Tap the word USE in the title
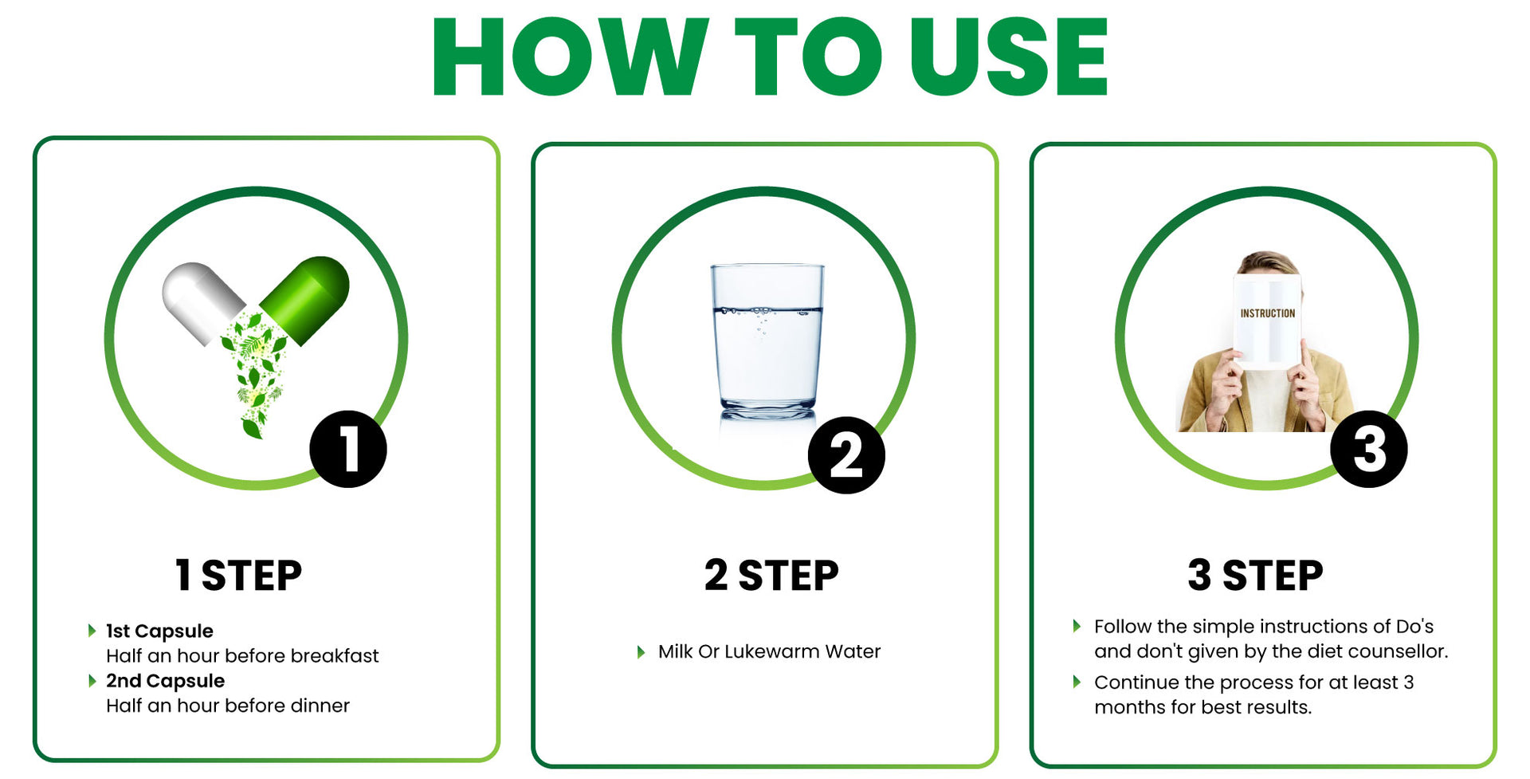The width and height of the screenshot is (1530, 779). tap(1009, 56)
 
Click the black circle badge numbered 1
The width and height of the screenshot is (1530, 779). tap(348, 449)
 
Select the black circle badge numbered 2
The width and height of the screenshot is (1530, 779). tap(846, 455)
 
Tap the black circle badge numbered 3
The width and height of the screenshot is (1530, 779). tap(1369, 449)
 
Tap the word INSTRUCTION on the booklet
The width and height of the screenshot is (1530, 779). tap(1267, 313)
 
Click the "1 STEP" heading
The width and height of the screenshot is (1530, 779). tap(238, 575)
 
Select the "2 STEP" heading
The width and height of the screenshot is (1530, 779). tap(771, 575)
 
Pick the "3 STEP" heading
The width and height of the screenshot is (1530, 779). tap(1255, 575)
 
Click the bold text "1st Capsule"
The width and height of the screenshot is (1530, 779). tap(159, 631)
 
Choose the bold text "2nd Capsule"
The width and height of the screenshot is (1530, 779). tap(165, 680)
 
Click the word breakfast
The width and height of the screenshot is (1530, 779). tap(335, 655)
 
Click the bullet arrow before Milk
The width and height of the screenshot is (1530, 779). tap(641, 652)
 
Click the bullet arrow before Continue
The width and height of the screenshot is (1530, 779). tap(1077, 682)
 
